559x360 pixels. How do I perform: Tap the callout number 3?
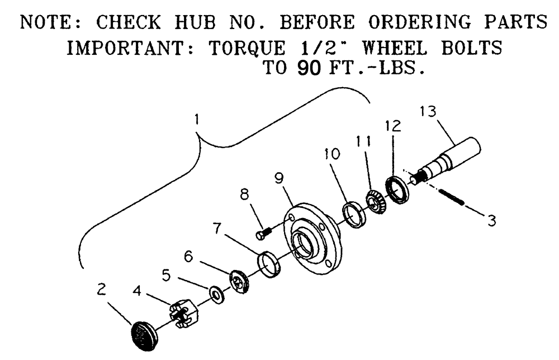click(x=491, y=221)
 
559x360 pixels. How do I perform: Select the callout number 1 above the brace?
click(x=196, y=120)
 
